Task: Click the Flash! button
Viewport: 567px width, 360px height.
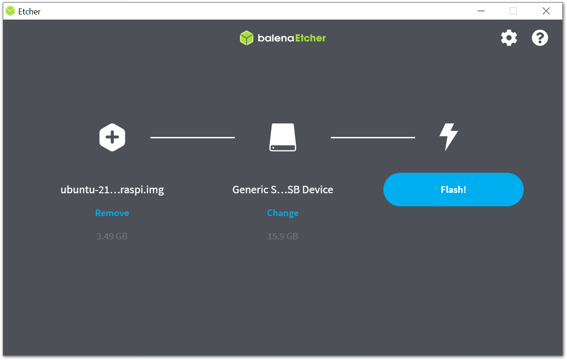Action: [x=453, y=190]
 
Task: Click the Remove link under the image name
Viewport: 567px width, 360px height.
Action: [x=112, y=213]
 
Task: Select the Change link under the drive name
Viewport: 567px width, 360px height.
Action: [x=282, y=213]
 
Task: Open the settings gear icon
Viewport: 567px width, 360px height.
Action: [x=509, y=38]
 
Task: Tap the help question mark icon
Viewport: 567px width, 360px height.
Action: [x=540, y=38]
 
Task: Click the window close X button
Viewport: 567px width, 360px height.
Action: [x=546, y=11]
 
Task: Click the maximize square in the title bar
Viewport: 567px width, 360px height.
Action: [x=513, y=11]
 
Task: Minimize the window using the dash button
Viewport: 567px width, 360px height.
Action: [x=480, y=11]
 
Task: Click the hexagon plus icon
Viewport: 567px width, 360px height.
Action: [x=112, y=137]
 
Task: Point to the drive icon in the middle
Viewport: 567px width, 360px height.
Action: [x=282, y=137]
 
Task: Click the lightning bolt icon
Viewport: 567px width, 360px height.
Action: [x=448, y=137]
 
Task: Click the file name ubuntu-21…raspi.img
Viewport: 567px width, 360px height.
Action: [x=112, y=190]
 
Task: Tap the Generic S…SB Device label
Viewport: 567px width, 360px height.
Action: [x=282, y=190]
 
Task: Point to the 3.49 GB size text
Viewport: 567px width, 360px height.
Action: [x=112, y=236]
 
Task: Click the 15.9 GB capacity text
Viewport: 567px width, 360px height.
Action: [x=282, y=236]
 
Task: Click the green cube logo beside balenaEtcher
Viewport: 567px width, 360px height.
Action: [x=246, y=38]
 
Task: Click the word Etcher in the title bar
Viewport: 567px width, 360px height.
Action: [x=29, y=12]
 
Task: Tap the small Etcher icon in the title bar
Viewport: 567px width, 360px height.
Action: [x=10, y=11]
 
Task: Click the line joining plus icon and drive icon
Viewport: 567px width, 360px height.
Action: [x=192, y=137]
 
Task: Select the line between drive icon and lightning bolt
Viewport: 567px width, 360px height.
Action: [x=373, y=137]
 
